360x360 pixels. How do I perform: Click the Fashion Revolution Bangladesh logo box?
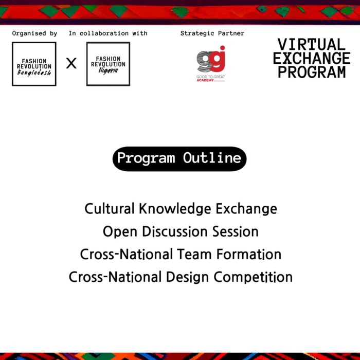(34, 64)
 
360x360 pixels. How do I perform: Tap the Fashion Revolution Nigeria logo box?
(108, 64)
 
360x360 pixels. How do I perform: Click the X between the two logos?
(71, 63)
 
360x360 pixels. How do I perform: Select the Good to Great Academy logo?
(211, 64)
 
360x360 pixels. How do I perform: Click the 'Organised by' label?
(34, 33)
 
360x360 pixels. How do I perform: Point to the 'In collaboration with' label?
(108, 33)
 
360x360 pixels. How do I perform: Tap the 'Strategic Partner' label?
(212, 33)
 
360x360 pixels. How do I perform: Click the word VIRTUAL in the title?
(312, 44)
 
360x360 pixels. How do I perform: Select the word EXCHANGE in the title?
(312, 58)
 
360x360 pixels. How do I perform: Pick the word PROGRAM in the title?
(312, 72)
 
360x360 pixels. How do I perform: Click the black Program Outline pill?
(179, 158)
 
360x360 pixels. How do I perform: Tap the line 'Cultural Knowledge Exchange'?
(181, 209)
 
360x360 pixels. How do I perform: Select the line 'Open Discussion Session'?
(181, 231)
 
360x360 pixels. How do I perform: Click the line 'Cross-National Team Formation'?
(181, 254)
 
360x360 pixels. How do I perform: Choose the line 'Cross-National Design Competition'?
(181, 277)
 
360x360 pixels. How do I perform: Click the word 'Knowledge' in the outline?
(175, 209)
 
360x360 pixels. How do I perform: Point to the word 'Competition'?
(253, 277)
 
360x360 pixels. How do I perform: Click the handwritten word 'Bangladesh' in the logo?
(34, 73)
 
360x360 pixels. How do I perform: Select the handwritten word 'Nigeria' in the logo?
(108, 70)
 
